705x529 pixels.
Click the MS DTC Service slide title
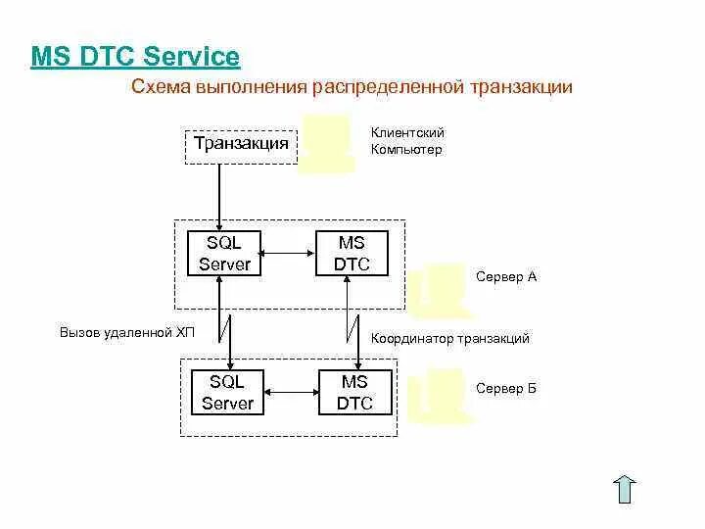[135, 56]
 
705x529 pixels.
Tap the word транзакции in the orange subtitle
[521, 88]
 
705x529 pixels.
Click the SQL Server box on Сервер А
[224, 253]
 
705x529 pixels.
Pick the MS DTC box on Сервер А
[351, 253]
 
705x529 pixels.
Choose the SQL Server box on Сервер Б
[227, 393]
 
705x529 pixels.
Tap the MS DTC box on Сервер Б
[354, 393]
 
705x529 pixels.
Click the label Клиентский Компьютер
[407, 141]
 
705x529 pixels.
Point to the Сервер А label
[506, 277]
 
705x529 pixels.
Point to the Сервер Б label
[506, 389]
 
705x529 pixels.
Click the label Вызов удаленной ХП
[127, 333]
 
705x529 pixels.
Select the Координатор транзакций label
[449, 339]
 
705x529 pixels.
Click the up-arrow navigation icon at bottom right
[626, 489]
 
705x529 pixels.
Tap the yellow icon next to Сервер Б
[440, 395]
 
